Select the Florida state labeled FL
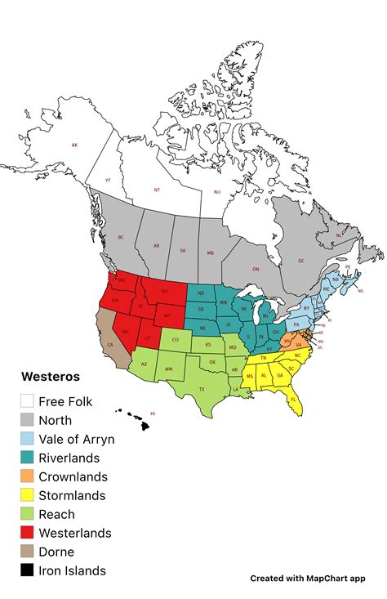pos(292,400)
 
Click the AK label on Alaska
pos(74,145)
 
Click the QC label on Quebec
pos(300,261)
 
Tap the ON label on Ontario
pos(255,269)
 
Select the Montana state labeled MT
pos(165,291)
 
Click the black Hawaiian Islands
pos(134,420)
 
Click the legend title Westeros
pos(50,378)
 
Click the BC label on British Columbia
pos(121,238)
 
